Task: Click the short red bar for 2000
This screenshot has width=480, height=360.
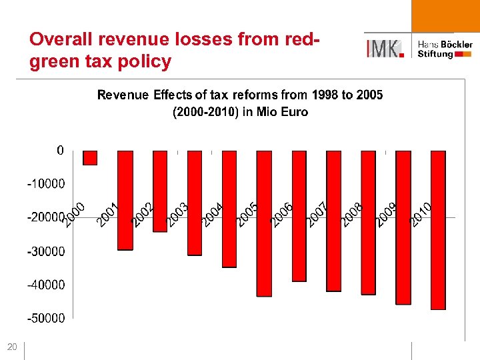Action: click(90, 157)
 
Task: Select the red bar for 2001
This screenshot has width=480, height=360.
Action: click(125, 200)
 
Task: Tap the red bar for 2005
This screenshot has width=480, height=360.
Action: click(264, 223)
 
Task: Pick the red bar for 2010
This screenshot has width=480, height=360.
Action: click(438, 230)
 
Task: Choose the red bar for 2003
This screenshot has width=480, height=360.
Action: click(195, 203)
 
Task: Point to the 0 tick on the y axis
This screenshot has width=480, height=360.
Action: click(61, 151)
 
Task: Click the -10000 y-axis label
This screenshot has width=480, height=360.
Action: click(45, 183)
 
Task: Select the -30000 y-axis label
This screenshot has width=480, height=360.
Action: click(45, 252)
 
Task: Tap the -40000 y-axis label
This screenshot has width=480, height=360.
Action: click(45, 285)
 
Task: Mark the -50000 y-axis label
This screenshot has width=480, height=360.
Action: click(45, 318)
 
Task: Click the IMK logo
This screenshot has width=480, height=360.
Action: click(385, 48)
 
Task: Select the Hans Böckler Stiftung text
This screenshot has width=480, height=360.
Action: click(445, 49)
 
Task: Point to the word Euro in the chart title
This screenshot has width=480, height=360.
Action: click(295, 112)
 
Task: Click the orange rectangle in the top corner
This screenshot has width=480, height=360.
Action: click(445, 15)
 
